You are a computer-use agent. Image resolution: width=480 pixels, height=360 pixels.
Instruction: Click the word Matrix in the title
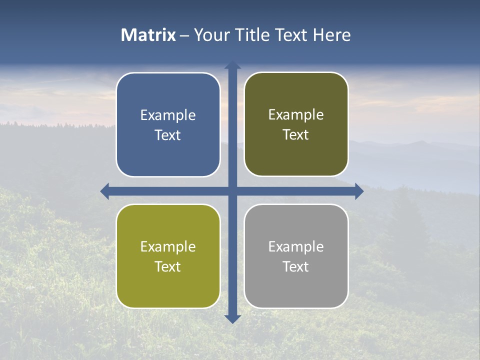point(148,35)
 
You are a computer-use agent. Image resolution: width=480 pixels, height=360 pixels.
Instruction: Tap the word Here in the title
point(331,35)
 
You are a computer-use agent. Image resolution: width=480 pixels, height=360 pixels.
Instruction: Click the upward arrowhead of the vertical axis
point(232,65)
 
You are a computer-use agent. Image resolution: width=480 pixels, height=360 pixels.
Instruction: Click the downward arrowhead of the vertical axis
point(232,319)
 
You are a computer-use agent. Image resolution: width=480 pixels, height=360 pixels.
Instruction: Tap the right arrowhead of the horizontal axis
point(359,191)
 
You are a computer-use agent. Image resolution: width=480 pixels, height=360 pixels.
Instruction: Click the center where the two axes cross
point(232,191)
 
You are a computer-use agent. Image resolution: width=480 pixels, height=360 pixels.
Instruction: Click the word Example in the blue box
point(168,115)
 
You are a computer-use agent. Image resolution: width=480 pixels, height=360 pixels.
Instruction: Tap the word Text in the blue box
point(168,135)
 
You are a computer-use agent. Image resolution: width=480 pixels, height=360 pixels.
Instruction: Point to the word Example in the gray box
point(296,246)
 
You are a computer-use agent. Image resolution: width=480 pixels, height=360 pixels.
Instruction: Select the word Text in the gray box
point(296,266)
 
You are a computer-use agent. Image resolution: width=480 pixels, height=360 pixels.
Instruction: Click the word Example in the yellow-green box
point(168,246)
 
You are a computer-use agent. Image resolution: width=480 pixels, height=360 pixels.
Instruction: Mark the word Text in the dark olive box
point(296,135)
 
